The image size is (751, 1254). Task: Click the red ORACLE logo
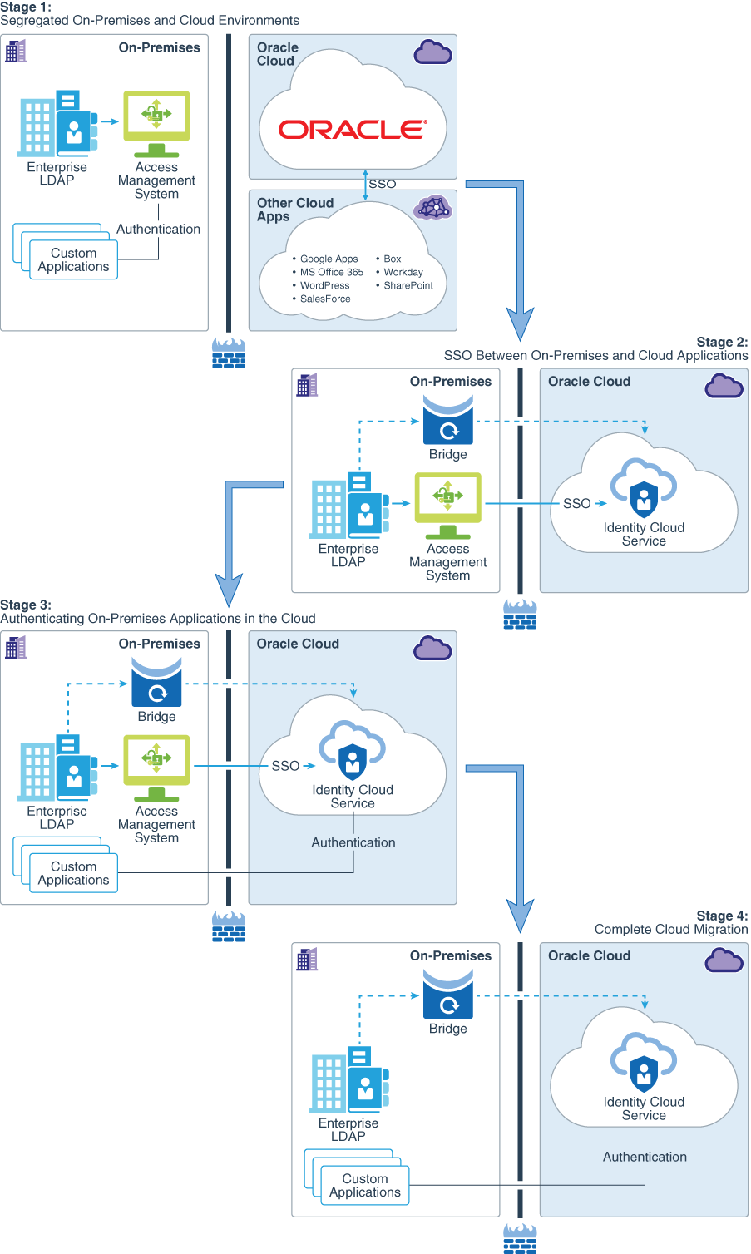353,130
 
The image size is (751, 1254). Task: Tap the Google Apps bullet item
329,259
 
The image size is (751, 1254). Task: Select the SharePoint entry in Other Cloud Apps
408,285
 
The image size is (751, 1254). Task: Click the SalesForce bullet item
325,299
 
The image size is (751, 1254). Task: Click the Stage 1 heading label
26,7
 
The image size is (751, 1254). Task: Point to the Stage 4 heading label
722,916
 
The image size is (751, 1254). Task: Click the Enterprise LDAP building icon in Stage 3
57,768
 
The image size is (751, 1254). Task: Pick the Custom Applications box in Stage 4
364,1185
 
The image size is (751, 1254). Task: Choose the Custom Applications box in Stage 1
73,259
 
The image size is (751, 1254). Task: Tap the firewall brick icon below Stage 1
229,353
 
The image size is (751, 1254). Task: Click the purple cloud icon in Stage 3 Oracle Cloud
432,648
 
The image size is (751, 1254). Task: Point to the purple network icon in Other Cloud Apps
433,207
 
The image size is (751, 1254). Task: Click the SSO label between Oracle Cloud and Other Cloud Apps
383,184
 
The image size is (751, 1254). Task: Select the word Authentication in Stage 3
353,842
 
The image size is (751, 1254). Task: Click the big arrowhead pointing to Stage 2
520,323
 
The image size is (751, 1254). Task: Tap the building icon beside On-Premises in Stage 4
307,960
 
